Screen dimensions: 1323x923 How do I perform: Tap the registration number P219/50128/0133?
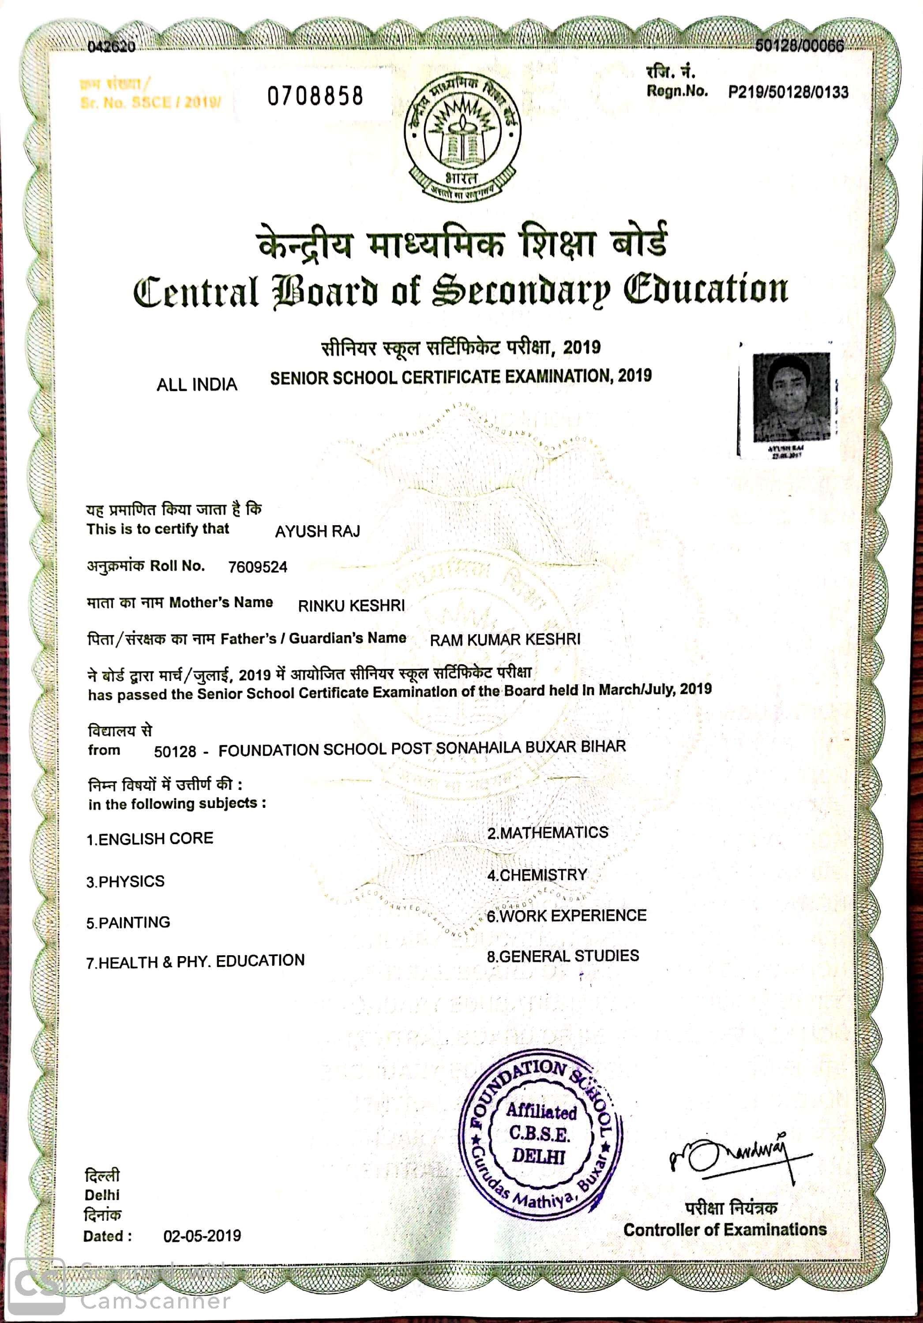788,92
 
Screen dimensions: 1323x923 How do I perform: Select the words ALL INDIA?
197,385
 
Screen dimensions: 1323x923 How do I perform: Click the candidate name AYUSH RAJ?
317,531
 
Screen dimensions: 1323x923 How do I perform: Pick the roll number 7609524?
257,568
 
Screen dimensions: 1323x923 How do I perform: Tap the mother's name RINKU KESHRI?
351,605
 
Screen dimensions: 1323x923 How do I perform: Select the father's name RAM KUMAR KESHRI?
505,639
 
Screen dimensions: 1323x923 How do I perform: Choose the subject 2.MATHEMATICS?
548,833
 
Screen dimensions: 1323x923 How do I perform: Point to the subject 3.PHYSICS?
125,882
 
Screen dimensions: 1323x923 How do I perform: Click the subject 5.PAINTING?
128,923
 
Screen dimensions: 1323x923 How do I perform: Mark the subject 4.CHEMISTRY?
537,875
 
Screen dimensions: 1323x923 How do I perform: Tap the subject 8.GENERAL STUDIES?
563,957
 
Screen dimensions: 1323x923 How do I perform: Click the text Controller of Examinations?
725,1230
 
